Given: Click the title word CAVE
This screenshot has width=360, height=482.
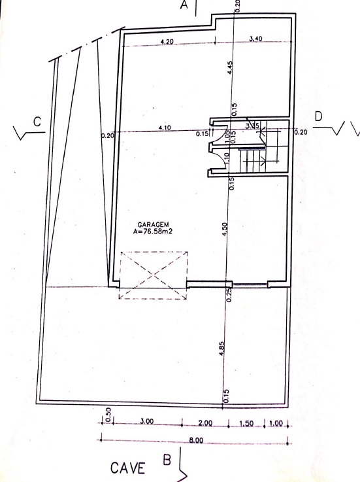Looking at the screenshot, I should pos(127,468).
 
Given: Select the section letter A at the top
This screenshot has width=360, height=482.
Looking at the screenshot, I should pos(185,7).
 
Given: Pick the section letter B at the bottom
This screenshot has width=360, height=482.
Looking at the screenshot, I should pos(167,460).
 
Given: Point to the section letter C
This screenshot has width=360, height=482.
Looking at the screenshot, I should pos(37,121).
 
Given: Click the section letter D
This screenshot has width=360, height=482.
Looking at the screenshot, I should pos(318,116).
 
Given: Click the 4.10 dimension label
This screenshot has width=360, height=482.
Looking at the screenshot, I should pos(165,128).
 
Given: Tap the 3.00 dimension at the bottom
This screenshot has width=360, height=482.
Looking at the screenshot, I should pos(146,422).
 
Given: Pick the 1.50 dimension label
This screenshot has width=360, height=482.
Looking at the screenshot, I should pos(246,423).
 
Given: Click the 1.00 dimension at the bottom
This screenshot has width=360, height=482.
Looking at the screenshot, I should pos(275,423).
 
